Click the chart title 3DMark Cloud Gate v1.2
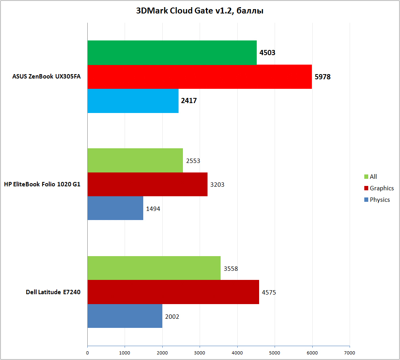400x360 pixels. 200,11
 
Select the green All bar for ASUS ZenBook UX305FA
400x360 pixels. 172,53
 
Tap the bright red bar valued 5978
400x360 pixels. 200,77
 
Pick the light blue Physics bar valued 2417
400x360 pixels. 133,101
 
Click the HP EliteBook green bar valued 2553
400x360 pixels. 135,161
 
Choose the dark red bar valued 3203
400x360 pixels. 147,184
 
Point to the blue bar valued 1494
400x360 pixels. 115,209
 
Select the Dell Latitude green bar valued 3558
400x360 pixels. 154,268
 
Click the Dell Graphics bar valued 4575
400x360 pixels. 173,292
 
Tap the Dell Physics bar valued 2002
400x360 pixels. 125,316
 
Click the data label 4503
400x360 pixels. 267,53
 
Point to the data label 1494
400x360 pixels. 153,209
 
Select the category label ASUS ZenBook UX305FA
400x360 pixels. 46,77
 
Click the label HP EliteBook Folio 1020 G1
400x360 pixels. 42,184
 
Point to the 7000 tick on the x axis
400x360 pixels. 350,352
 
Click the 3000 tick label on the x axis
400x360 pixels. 200,352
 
